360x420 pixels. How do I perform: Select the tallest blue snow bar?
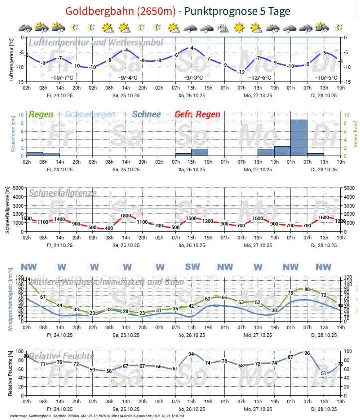click(x=299, y=137)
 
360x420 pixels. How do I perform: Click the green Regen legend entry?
click(x=41, y=115)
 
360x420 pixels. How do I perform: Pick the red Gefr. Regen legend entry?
click(x=197, y=115)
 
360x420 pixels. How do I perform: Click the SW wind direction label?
click(x=192, y=267)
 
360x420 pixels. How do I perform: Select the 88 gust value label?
click(x=307, y=289)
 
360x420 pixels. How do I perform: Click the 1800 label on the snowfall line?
click(x=126, y=216)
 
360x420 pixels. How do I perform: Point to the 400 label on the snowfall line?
click(x=109, y=229)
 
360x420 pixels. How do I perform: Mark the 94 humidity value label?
click(x=191, y=354)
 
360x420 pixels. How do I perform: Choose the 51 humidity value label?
click(x=324, y=373)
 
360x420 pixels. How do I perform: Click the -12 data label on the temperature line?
click(x=241, y=72)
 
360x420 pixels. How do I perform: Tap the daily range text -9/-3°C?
click(x=193, y=78)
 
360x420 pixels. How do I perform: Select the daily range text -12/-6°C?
click(x=261, y=78)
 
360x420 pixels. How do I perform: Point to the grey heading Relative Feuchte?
click(x=62, y=356)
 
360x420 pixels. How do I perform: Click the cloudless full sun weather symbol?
click(x=240, y=28)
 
